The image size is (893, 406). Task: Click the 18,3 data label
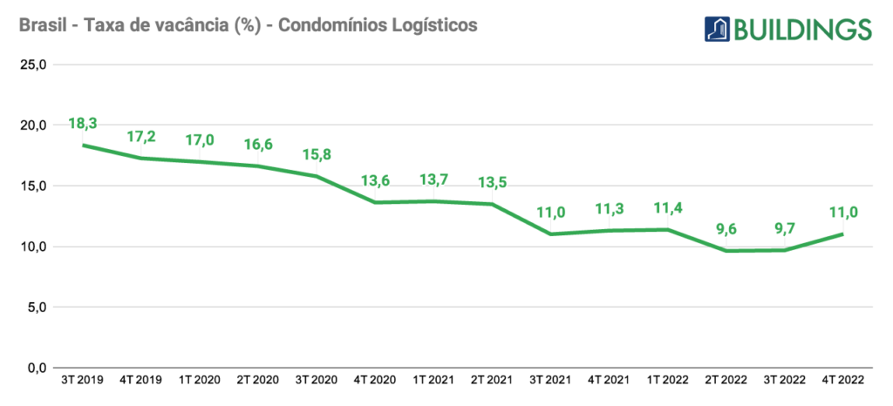[x=83, y=125]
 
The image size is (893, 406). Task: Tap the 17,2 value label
[x=141, y=137]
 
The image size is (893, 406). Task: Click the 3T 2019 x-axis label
[x=83, y=380]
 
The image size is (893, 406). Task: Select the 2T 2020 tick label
[x=257, y=380]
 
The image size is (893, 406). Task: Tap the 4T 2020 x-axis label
[x=374, y=380]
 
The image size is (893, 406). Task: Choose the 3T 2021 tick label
[x=549, y=380]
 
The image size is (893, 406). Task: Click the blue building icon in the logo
[x=717, y=28]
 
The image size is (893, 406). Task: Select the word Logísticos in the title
[x=440, y=26]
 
